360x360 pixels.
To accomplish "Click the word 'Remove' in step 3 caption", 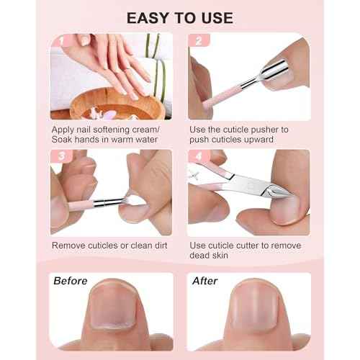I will tap(71, 245).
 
